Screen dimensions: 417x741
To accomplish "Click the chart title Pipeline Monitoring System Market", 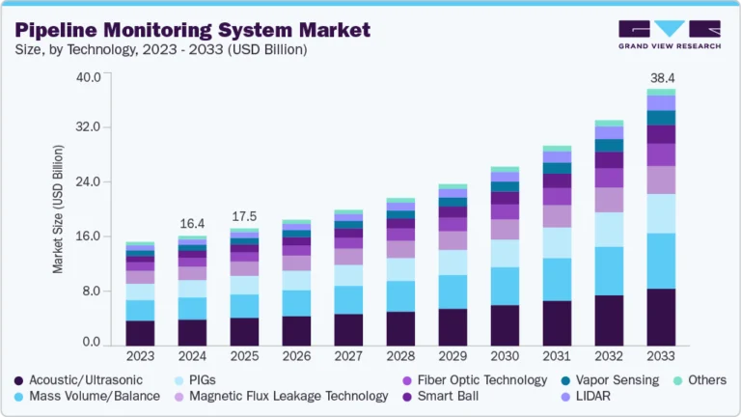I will [192, 29].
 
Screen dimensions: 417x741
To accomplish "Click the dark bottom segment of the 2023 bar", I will [140, 333].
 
